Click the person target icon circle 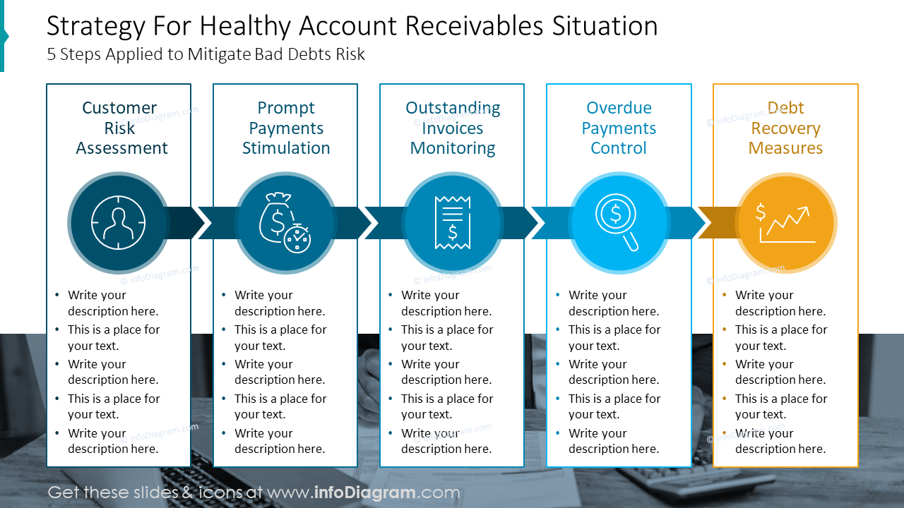(x=119, y=223)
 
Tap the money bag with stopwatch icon (x=285, y=223)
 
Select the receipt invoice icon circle (x=452, y=223)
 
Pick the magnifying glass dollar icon (x=619, y=223)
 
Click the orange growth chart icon (x=786, y=223)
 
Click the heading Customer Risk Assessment (x=121, y=128)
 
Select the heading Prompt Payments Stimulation (x=286, y=128)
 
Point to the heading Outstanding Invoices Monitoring (x=453, y=128)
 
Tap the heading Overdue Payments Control (x=619, y=128)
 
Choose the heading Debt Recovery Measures (x=785, y=128)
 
